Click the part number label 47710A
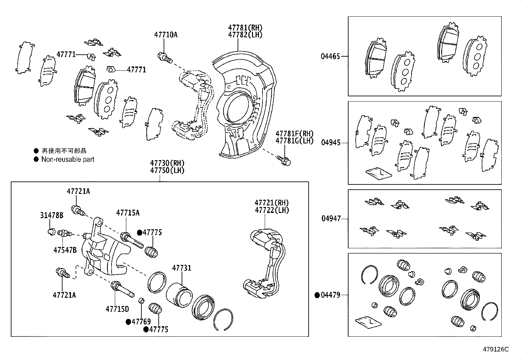pyautogui.click(x=166, y=35)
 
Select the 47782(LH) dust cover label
pyautogui.click(x=245, y=35)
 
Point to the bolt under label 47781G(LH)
pyautogui.click(x=284, y=160)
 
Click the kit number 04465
pyautogui.click(x=330, y=56)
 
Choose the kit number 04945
pyautogui.click(x=330, y=143)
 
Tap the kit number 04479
pyautogui.click(x=331, y=295)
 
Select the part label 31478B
pyautogui.click(x=52, y=215)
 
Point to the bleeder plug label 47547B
pyautogui.click(x=65, y=250)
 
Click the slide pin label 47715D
pyautogui.click(x=117, y=309)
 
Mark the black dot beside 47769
pyautogui.click(x=129, y=322)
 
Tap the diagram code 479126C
pyautogui.click(x=496, y=349)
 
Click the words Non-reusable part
pyautogui.click(x=68, y=160)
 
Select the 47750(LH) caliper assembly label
pyautogui.click(x=167, y=170)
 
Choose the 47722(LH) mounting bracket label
pyautogui.click(x=272, y=210)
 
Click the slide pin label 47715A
pyautogui.click(x=128, y=213)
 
